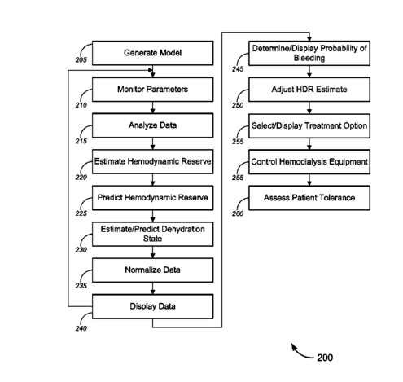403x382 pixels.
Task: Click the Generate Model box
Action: click(152, 53)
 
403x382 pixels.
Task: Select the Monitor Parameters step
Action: click(152, 90)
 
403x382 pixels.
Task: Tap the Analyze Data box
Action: click(152, 125)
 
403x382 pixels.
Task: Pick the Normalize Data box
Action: click(152, 270)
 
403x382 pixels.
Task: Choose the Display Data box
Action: click(152, 306)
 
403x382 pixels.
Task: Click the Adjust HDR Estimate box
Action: click(309, 90)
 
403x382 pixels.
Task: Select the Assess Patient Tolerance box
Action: click(309, 198)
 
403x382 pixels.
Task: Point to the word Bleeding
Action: click(309, 58)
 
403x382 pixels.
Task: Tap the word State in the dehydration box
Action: click(152, 239)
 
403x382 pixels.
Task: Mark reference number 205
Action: click(81, 60)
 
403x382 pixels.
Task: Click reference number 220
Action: click(81, 178)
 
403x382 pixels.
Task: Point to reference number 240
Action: click(81, 328)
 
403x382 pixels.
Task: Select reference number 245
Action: click(238, 69)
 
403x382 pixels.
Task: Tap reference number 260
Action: click(238, 213)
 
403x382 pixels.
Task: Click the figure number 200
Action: click(325, 358)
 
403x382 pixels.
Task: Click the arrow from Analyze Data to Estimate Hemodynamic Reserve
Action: click(152, 143)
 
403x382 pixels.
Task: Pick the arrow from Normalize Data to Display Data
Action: click(152, 288)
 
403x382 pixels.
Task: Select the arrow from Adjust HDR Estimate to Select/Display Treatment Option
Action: click(309, 108)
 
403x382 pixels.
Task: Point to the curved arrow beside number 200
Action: click(300, 353)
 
